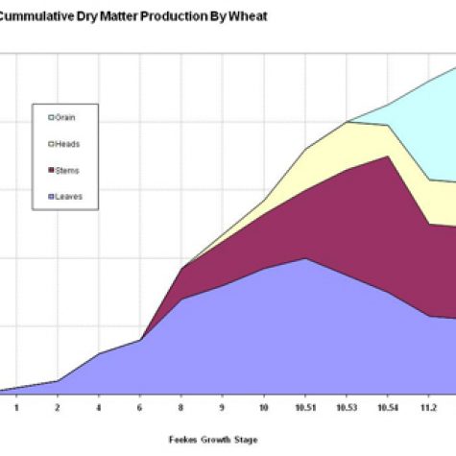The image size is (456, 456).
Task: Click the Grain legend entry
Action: pyautogui.click(x=63, y=118)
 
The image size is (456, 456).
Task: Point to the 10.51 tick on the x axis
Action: pyautogui.click(x=305, y=406)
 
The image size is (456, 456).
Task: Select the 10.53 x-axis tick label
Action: pyautogui.click(x=347, y=406)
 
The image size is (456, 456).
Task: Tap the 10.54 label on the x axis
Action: pyautogui.click(x=388, y=406)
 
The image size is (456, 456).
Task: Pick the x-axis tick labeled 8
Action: pyautogui.click(x=181, y=406)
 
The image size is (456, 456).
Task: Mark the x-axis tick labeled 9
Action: pyautogui.click(x=223, y=406)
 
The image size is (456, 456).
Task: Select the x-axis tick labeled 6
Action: pyautogui.click(x=140, y=406)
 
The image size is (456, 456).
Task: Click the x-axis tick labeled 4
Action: pyautogui.click(x=99, y=406)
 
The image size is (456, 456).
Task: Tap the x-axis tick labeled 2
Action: pyautogui.click(x=58, y=406)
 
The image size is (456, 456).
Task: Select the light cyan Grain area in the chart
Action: pyautogui.click(x=422, y=134)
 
